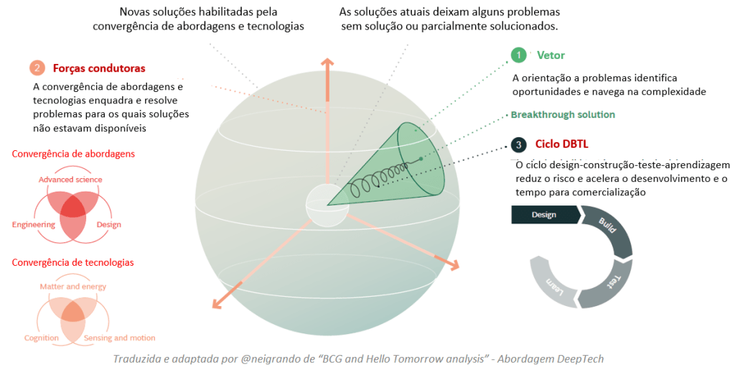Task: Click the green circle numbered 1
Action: coord(518,55)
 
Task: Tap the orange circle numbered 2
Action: coord(37,68)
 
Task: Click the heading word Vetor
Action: coord(551,55)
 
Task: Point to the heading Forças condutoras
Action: coord(99,68)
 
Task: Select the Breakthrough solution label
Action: coord(563,115)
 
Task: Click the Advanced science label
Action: coord(70,180)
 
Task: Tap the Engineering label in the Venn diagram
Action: coord(34,225)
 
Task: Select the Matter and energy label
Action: coord(72,287)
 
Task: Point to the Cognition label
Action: coord(41,338)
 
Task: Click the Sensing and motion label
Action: coord(119,338)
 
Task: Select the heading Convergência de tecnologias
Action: coord(72,263)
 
